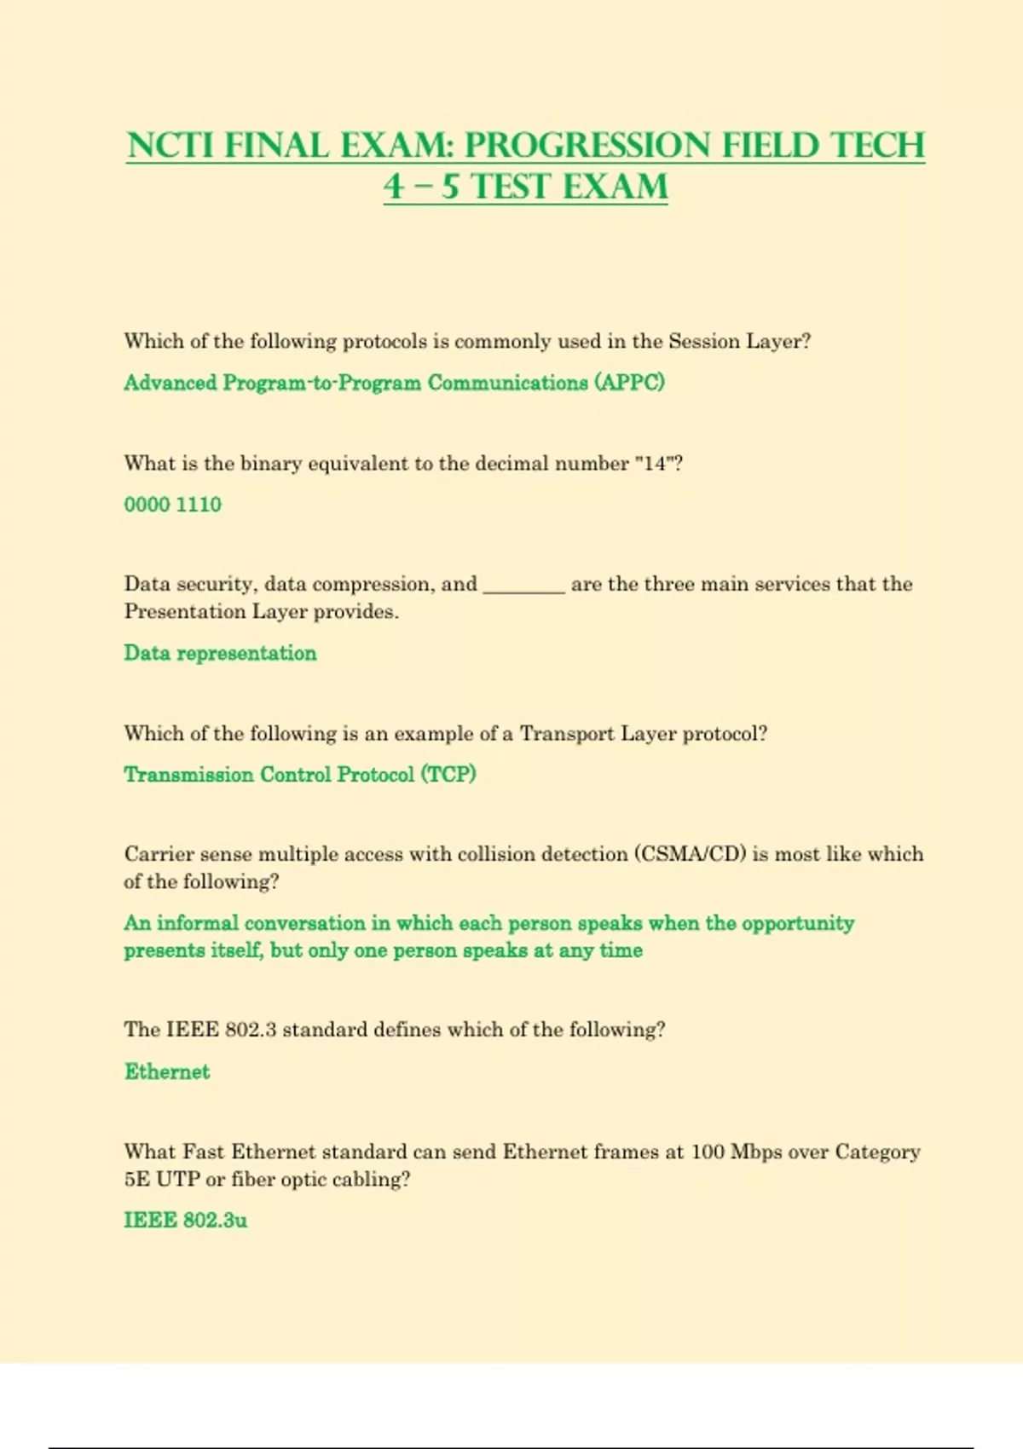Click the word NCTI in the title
(x=170, y=146)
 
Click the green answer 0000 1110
(x=172, y=505)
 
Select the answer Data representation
(x=220, y=653)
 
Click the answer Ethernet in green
(x=167, y=1071)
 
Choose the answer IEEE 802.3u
(x=186, y=1221)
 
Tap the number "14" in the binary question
(x=655, y=464)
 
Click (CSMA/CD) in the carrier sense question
(x=690, y=854)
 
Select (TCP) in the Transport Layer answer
(x=448, y=775)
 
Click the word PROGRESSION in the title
(x=587, y=146)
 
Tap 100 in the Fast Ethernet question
(x=708, y=1152)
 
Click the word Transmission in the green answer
(x=188, y=775)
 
